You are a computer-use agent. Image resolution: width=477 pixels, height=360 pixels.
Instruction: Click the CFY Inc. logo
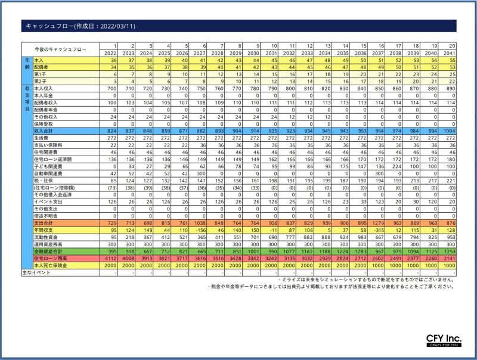point(443,340)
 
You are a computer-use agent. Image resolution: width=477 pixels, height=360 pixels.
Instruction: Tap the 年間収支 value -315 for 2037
point(377,229)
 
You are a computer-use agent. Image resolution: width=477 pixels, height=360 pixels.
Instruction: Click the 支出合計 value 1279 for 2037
point(377,222)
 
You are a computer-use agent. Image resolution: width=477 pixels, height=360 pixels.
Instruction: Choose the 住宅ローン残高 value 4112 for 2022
point(110,259)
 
